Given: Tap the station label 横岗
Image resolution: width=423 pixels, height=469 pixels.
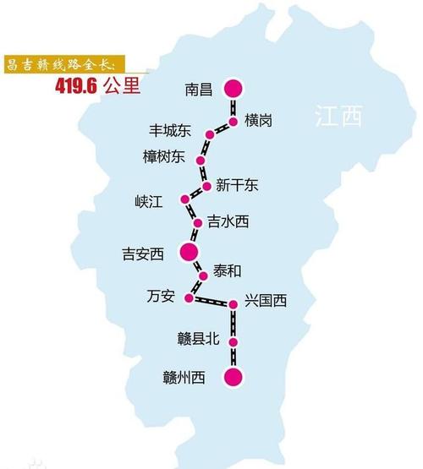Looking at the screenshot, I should [258, 121].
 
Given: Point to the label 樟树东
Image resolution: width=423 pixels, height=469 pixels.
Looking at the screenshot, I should [163, 156].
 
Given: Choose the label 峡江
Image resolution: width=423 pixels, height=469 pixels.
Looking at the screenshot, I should [148, 201].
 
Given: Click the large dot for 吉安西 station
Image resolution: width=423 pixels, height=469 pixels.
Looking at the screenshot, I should [189, 252].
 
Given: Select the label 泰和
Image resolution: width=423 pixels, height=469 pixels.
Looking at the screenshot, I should [227, 270].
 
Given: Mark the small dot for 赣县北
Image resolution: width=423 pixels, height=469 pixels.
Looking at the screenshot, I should [233, 342].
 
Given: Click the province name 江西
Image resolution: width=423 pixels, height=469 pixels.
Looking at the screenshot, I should [336, 117].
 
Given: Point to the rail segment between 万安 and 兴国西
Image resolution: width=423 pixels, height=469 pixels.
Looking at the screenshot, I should [212, 301].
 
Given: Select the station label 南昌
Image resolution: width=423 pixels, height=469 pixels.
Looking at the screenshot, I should [196, 87].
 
